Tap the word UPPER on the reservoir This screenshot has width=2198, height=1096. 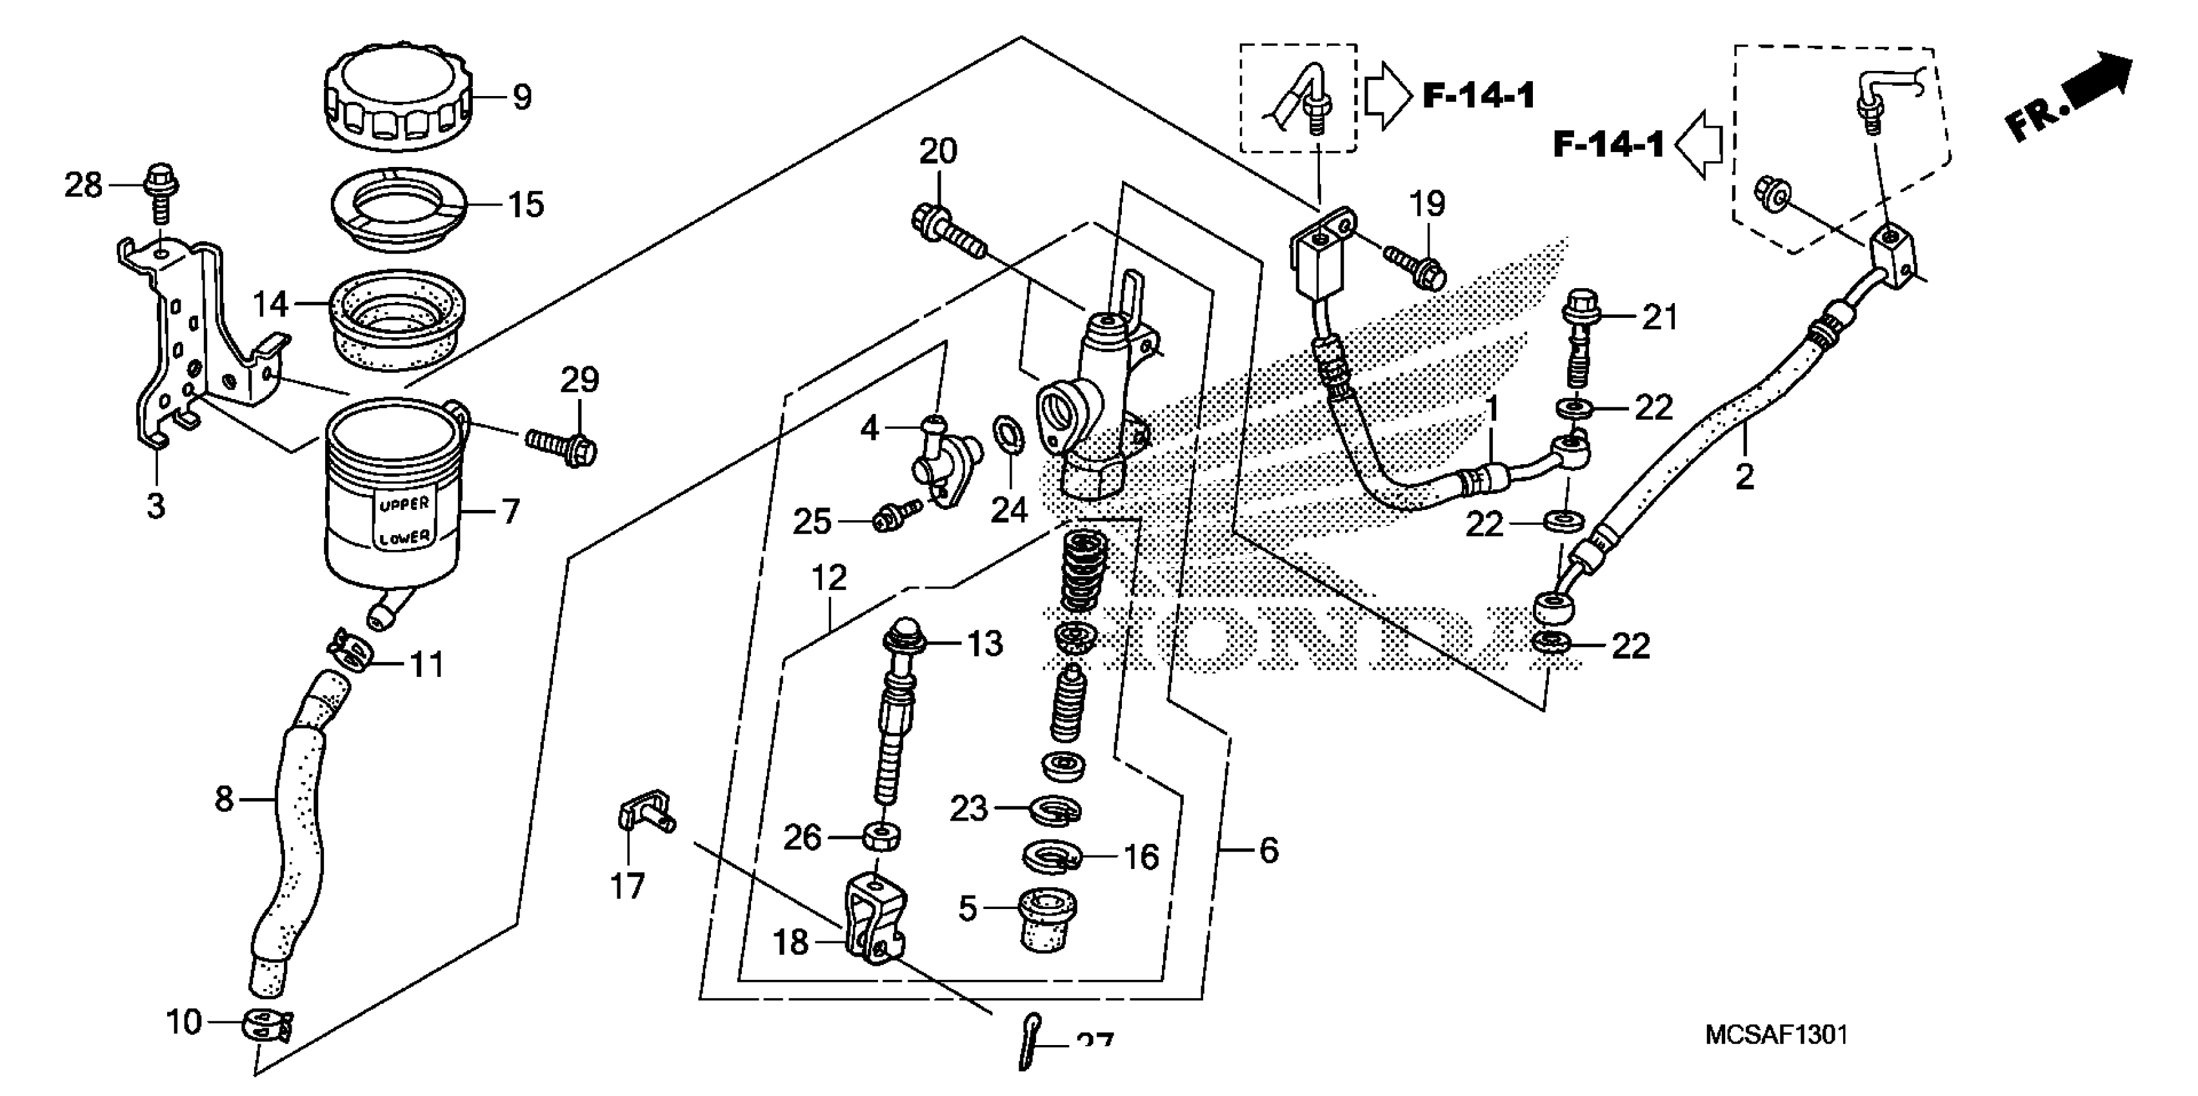click(x=404, y=504)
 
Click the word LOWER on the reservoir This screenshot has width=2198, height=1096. click(x=405, y=538)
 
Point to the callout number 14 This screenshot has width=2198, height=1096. click(x=270, y=304)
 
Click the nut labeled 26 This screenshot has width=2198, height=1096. click(x=880, y=837)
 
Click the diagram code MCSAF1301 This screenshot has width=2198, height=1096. click(x=1775, y=1035)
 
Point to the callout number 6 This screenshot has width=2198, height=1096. click(x=1269, y=850)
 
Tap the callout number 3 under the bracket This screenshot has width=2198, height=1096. click(x=155, y=506)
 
